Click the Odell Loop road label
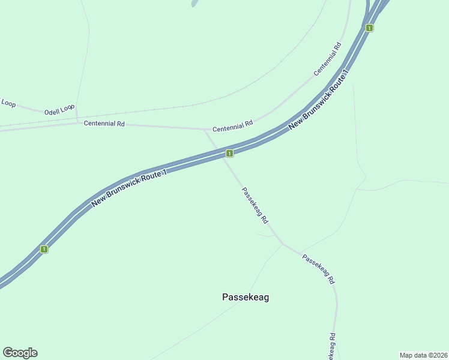pyautogui.click(x=59, y=110)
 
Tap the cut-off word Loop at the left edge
pyautogui.click(x=8, y=103)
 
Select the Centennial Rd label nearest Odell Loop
pyautogui.click(x=104, y=124)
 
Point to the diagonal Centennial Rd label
pyautogui.click(x=327, y=59)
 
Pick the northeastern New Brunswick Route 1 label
pyautogui.click(x=318, y=101)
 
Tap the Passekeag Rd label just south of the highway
pyautogui.click(x=255, y=205)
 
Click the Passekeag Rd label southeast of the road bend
pyautogui.click(x=318, y=269)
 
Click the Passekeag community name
pyautogui.click(x=246, y=297)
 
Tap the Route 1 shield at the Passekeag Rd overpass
pyautogui.click(x=229, y=154)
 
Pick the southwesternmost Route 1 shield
pyautogui.click(x=44, y=248)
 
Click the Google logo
pyautogui.click(x=20, y=353)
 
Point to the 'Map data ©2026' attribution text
pyautogui.click(x=423, y=355)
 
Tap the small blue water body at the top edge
pyautogui.click(x=194, y=3)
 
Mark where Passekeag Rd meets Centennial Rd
pyautogui.click(x=205, y=129)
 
